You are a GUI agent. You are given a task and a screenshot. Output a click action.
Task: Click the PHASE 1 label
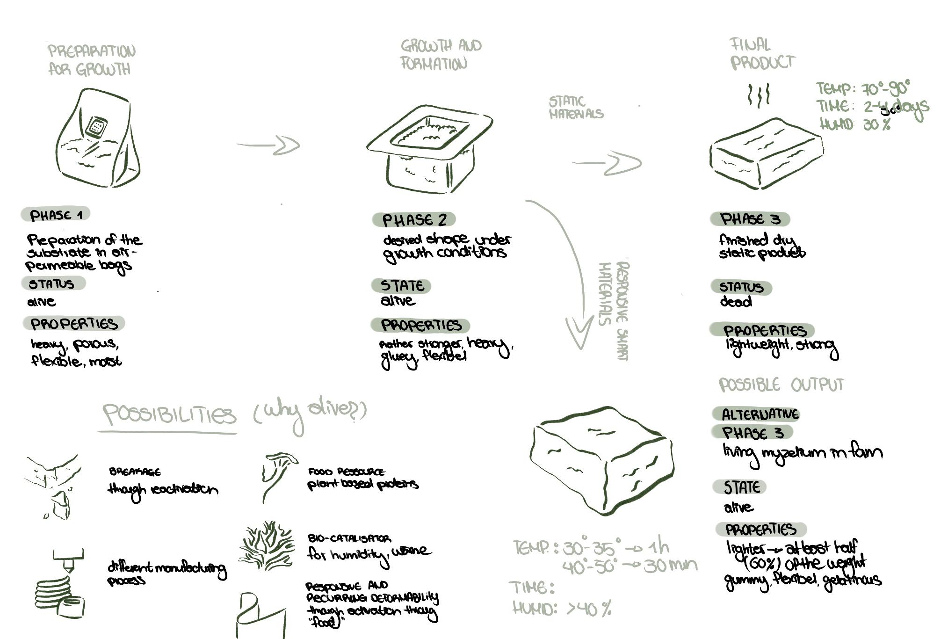coord(56,215)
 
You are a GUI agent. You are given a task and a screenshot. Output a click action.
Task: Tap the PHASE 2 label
coord(414,219)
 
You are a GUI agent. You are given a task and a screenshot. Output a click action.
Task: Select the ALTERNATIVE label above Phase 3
coord(760,414)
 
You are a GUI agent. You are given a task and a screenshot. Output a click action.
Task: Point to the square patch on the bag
coord(97,126)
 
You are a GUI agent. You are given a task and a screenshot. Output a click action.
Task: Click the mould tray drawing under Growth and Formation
coord(430,148)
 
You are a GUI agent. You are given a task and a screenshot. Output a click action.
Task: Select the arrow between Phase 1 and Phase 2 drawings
coord(269,145)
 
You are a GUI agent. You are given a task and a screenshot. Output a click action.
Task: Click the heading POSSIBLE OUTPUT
coord(781,385)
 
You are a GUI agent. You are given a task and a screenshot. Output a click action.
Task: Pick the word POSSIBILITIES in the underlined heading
coord(169,414)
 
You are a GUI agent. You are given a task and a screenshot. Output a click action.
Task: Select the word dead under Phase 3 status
coord(736,302)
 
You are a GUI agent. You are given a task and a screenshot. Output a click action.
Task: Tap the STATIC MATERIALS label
coord(576,108)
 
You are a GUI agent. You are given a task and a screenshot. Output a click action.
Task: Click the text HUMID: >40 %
coord(562,608)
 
